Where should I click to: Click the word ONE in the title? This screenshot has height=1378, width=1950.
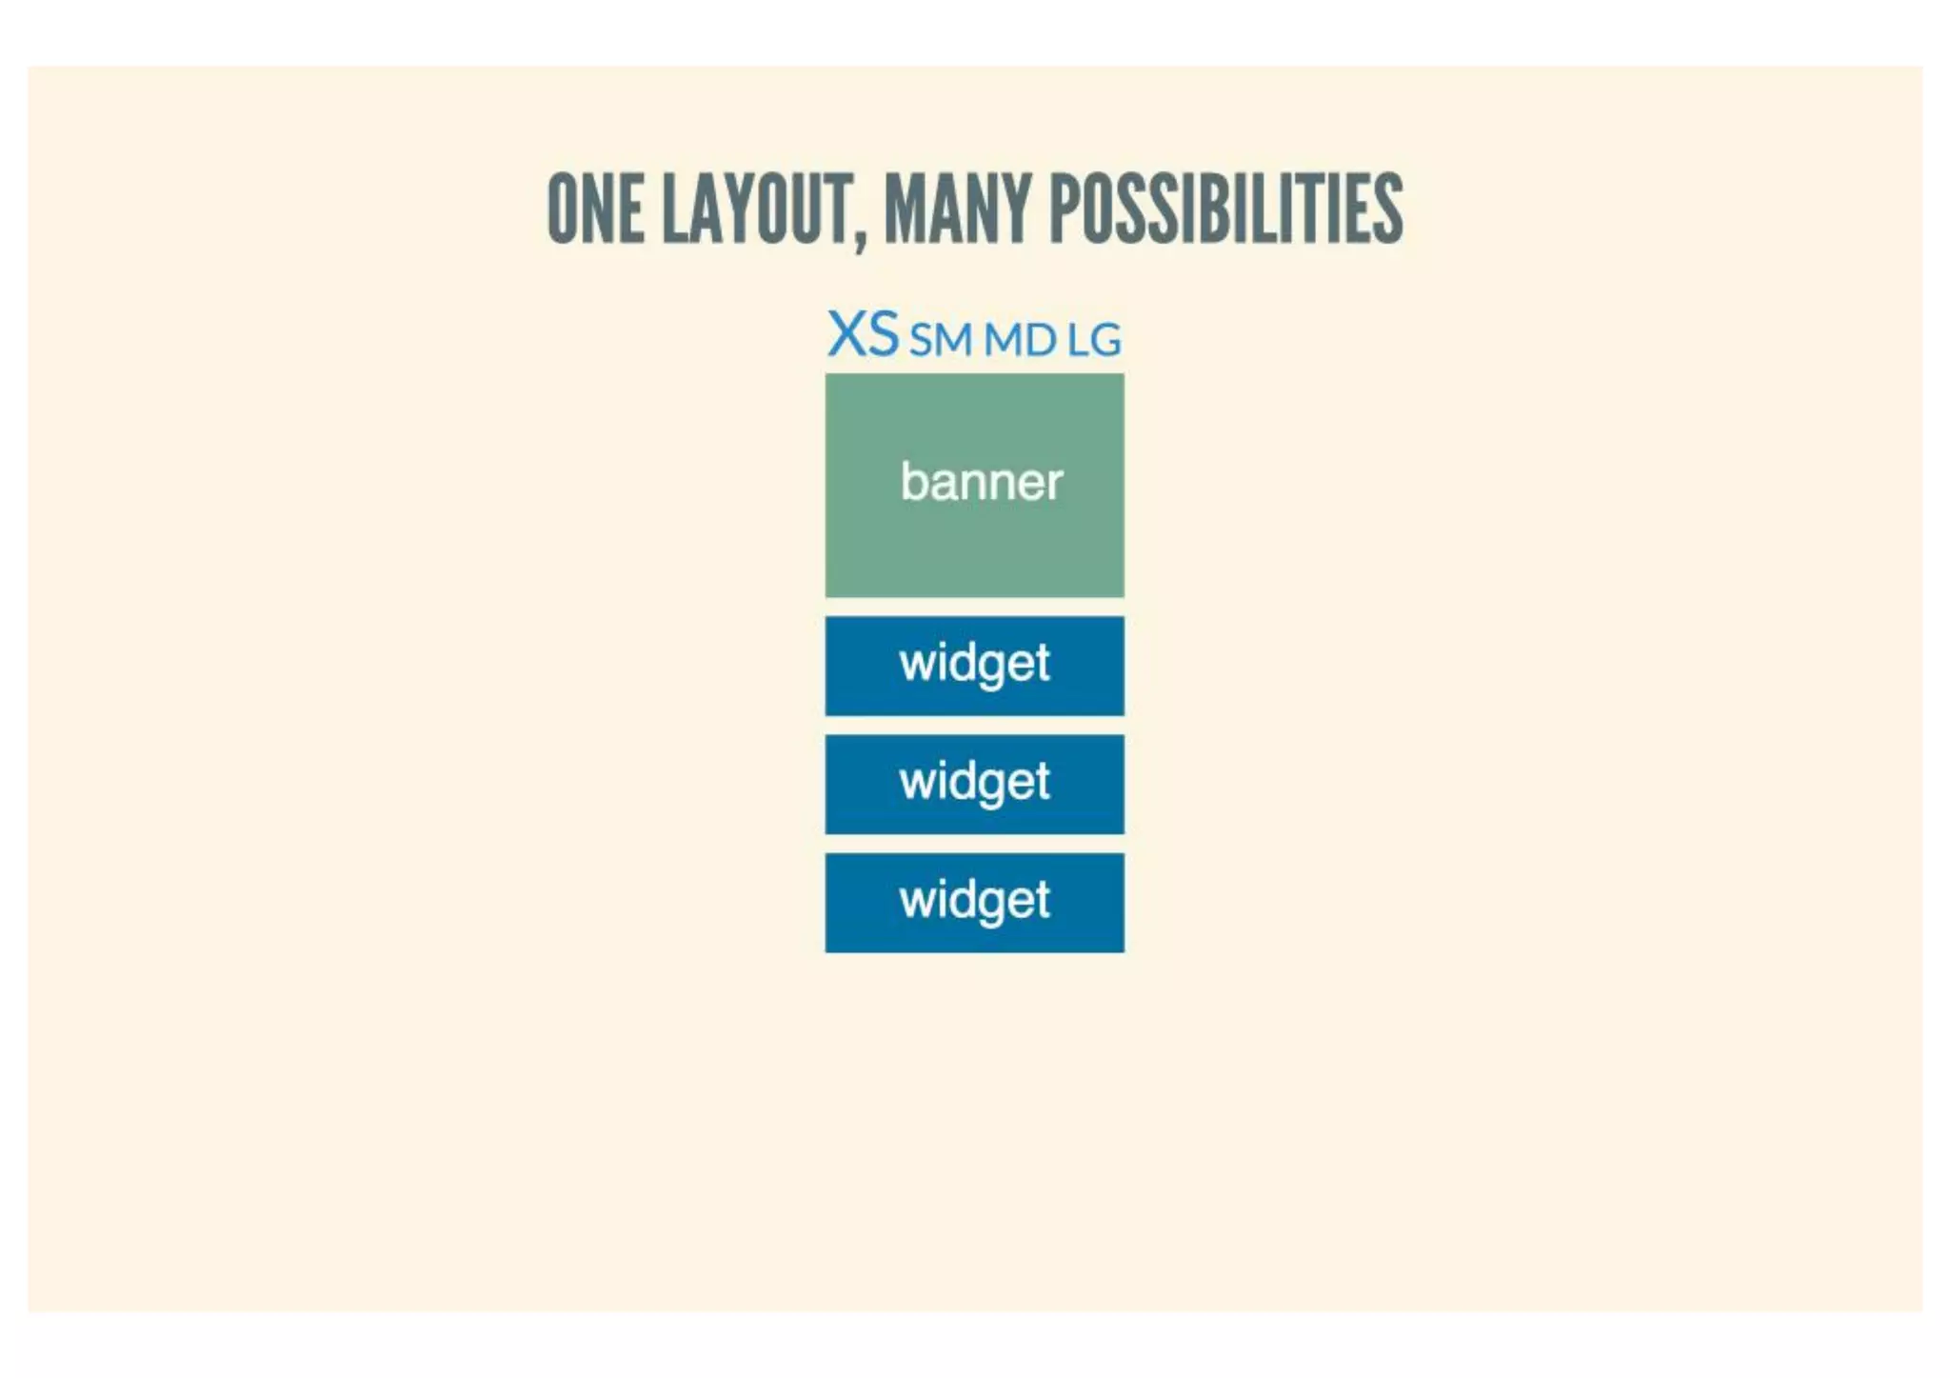click(594, 209)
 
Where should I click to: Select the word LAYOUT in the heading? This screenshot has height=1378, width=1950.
click(757, 209)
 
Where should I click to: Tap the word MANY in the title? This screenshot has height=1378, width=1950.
click(957, 209)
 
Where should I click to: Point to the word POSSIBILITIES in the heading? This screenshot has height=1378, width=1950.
click(1225, 209)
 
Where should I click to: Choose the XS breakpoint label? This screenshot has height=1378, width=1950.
click(863, 334)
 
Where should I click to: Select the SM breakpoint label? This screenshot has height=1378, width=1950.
click(941, 340)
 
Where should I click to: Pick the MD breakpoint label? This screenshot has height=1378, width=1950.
click(1020, 340)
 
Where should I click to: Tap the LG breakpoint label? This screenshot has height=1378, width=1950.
click(1094, 340)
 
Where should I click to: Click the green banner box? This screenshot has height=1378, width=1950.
click(974, 552)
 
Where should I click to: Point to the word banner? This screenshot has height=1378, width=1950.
click(982, 482)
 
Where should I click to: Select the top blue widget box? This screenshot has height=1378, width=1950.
click(974, 666)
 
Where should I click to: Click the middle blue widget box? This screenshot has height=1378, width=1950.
click(974, 784)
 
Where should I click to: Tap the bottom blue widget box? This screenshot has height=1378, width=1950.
click(974, 903)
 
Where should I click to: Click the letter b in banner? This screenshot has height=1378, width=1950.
click(913, 480)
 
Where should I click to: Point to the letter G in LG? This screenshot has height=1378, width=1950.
click(1105, 340)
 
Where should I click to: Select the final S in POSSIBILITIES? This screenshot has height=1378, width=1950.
click(1389, 209)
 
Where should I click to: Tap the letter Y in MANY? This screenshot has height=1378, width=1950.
click(1016, 209)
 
